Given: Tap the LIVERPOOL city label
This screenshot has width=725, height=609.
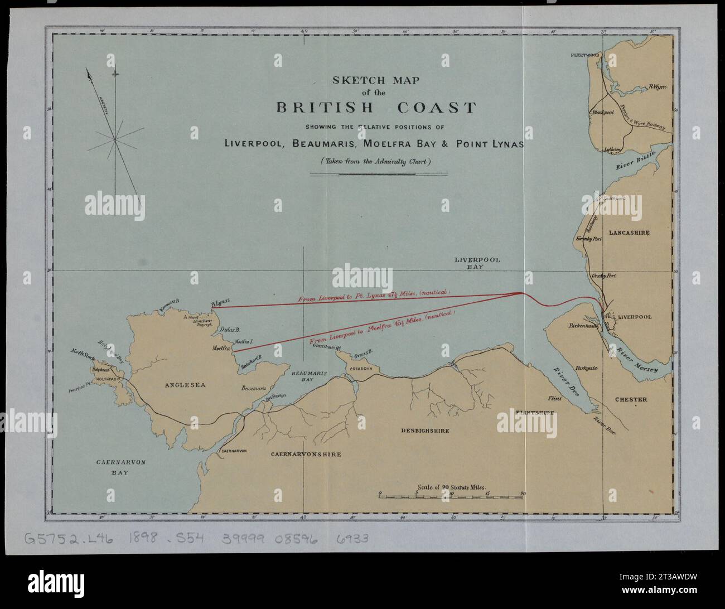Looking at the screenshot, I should (634, 317).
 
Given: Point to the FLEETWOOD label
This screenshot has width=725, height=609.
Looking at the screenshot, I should (584, 55).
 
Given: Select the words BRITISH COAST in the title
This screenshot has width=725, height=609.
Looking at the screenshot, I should (376, 108).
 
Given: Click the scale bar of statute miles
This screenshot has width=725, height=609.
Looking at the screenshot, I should (451, 495).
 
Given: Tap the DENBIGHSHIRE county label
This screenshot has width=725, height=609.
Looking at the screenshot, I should (425, 431).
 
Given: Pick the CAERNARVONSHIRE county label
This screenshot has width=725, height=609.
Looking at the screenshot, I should (306, 455).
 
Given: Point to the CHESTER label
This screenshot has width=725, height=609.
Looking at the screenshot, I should (631, 399).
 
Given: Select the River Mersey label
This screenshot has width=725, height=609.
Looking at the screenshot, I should (637, 360).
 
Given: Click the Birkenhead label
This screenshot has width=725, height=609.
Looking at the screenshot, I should (584, 325).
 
